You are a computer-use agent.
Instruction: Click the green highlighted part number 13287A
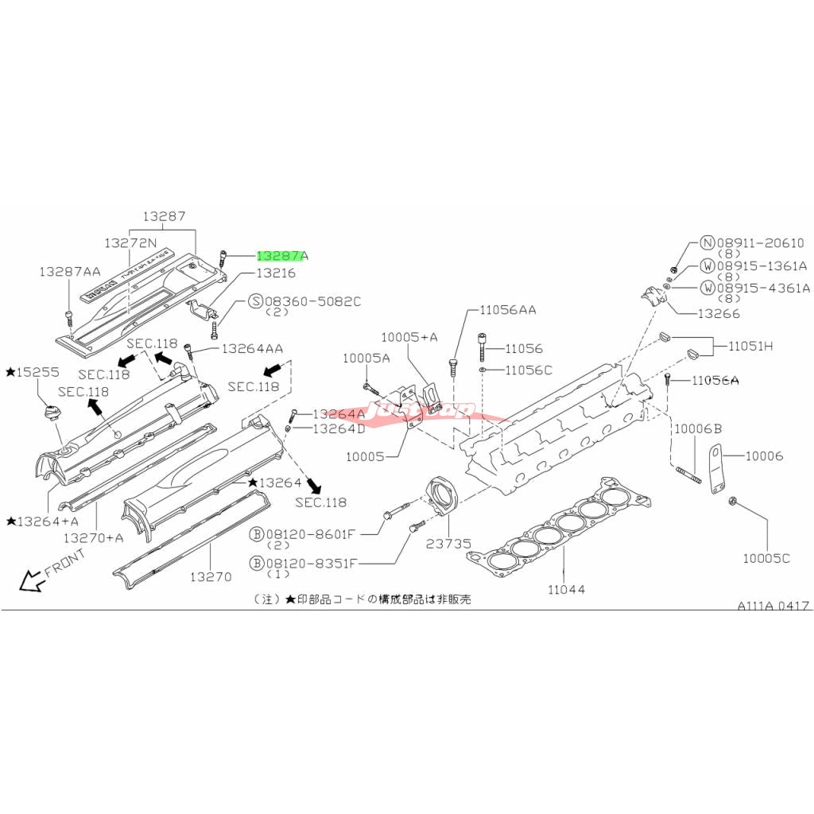coord(281,256)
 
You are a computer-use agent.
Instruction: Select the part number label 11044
coord(565,589)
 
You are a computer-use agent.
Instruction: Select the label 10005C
coord(766,558)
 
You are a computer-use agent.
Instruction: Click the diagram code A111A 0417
coord(773,606)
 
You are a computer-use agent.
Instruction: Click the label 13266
coord(718,313)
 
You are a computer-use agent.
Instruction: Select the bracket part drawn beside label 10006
coord(715,471)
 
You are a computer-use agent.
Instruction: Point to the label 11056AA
coord(507,310)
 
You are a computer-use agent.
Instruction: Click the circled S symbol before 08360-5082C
coord(255,301)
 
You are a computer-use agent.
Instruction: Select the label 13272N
coord(130,241)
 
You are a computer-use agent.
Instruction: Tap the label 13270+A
coord(94,537)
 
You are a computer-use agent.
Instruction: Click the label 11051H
coord(747,347)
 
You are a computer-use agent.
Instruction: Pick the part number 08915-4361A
coord(763,287)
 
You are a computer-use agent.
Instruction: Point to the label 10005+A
coord(409,337)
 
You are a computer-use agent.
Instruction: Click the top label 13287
coord(165,216)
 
